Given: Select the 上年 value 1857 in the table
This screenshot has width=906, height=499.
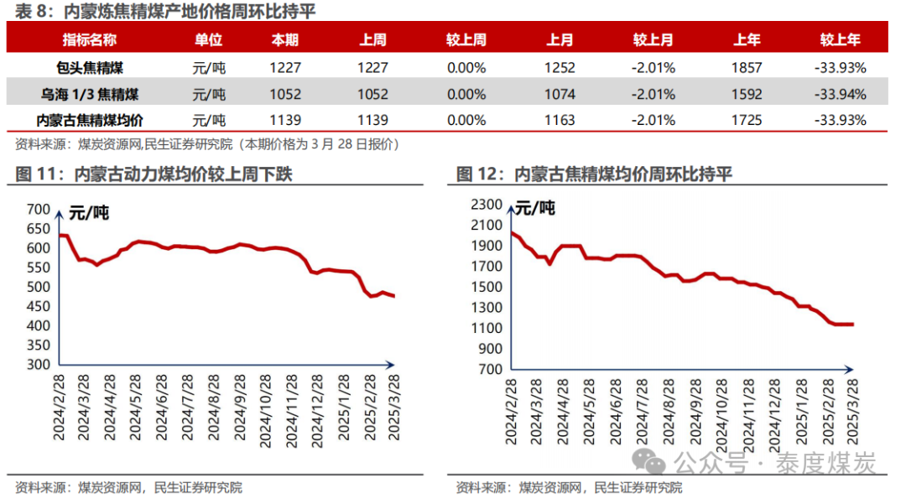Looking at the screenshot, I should [x=746, y=68].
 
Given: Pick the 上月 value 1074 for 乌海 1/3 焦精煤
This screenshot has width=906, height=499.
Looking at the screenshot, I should [x=560, y=94].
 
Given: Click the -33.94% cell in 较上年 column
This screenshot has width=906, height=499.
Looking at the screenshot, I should [x=839, y=94].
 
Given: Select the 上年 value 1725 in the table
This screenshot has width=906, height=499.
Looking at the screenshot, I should [x=746, y=120].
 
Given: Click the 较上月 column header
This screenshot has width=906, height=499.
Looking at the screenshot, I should [x=653, y=39].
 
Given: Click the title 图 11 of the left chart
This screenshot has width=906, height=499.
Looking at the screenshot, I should [x=154, y=174].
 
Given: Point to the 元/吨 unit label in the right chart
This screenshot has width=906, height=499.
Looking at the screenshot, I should [x=534, y=208].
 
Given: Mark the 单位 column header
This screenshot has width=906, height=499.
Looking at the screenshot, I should [x=209, y=39].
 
